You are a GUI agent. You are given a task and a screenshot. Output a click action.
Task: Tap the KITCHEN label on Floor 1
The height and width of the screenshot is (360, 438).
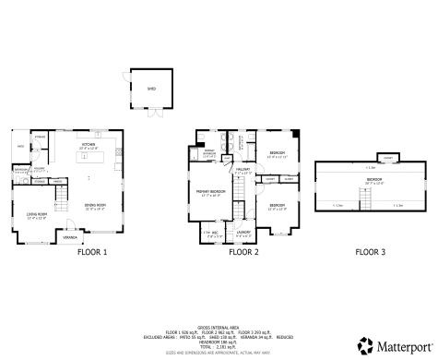coord(89,143)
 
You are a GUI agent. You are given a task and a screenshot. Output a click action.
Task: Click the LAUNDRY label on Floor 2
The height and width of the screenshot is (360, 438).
coord(243,232)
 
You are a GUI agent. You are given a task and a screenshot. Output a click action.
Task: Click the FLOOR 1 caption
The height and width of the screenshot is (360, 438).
coord(91,251)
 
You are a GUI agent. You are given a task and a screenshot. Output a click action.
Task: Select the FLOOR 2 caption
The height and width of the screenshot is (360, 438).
coord(243,251)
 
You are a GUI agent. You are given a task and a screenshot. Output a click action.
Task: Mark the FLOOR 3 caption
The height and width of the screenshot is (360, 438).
coord(372,251)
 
